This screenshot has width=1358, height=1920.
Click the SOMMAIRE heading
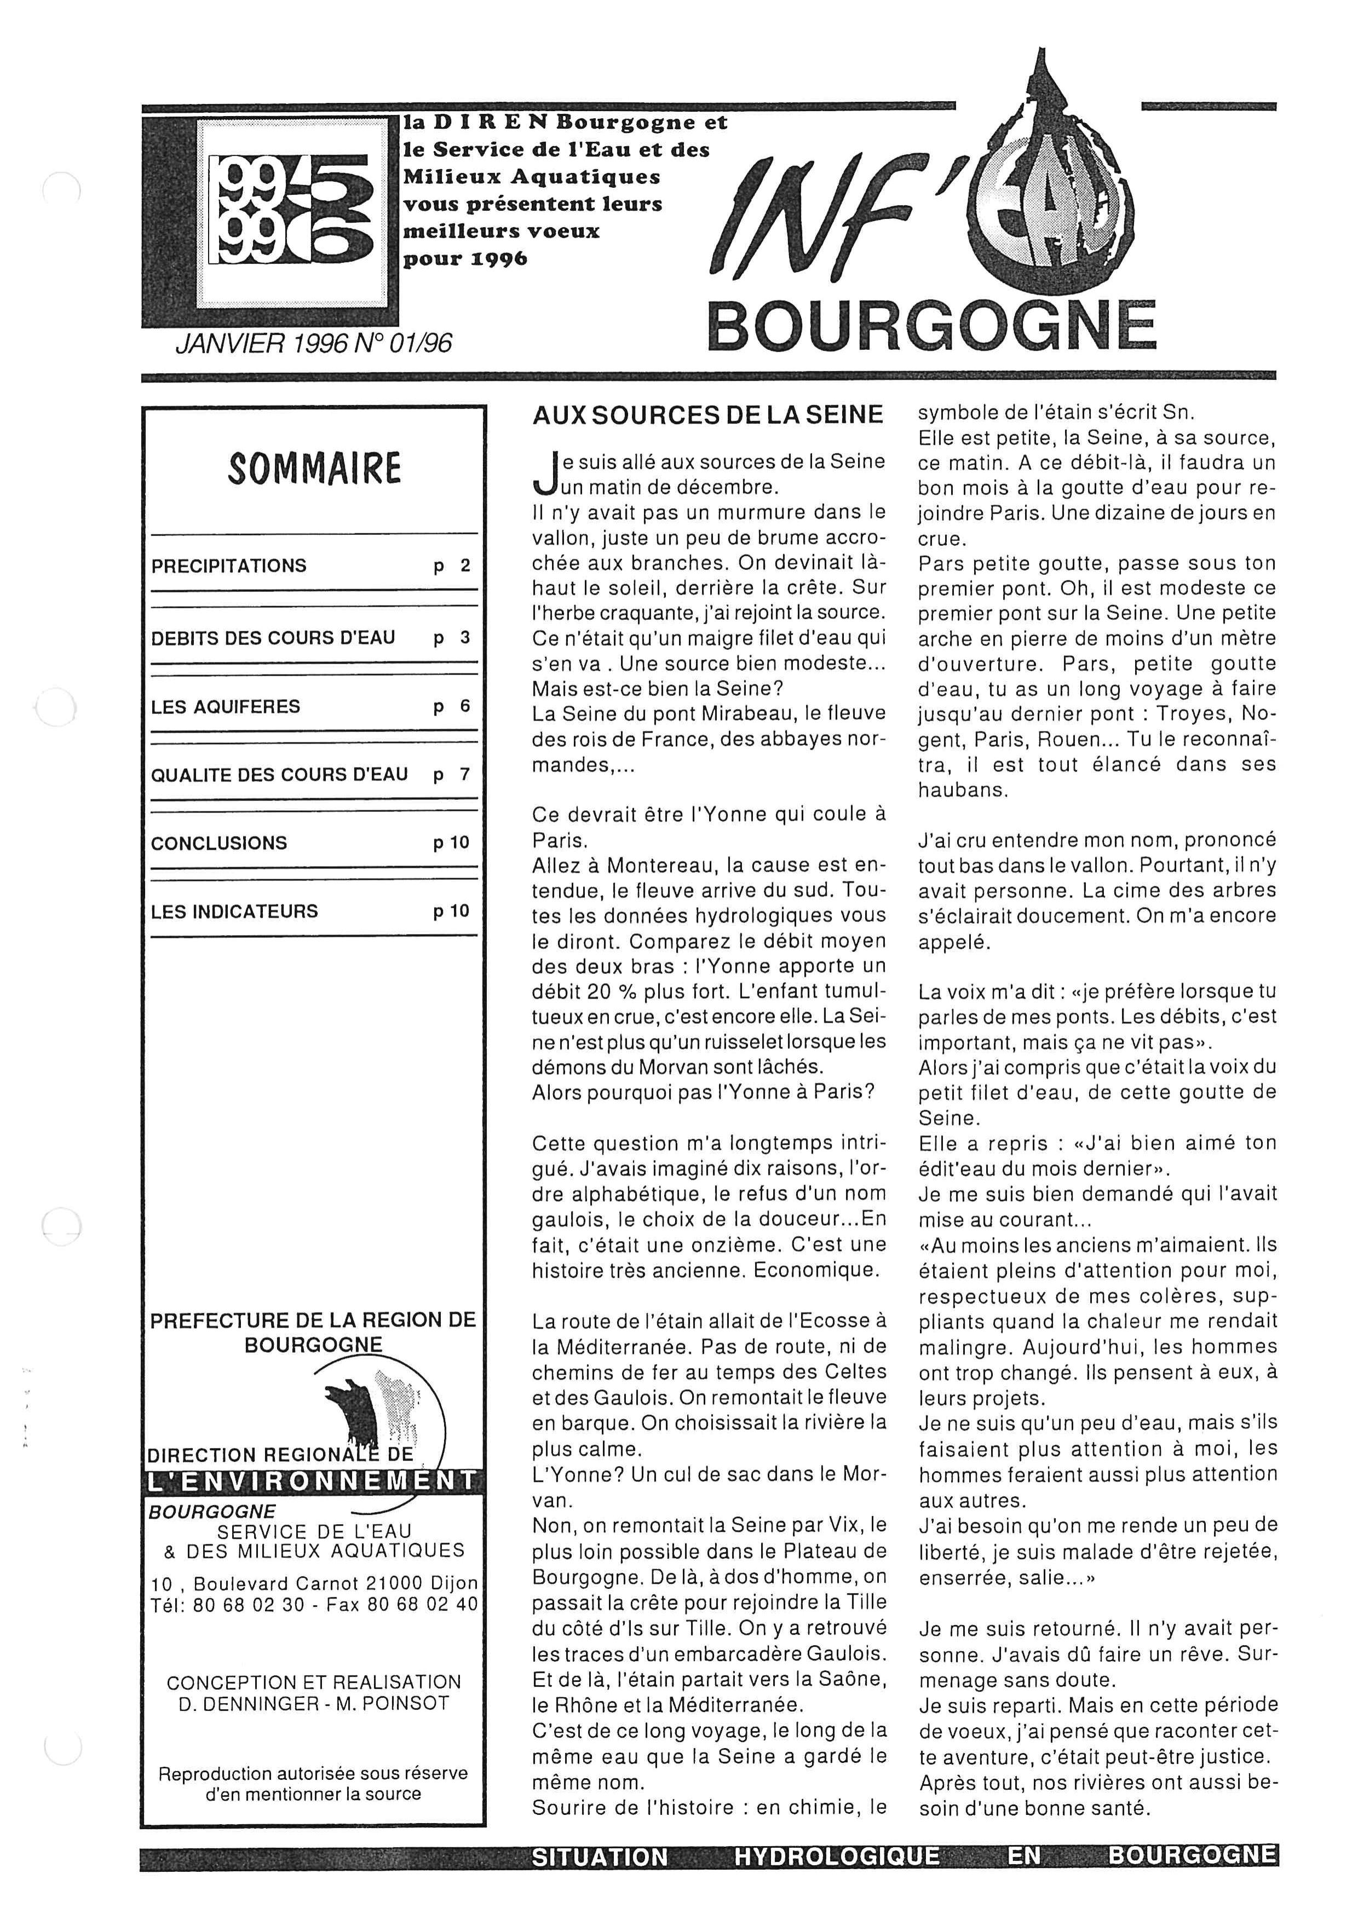pos(314,469)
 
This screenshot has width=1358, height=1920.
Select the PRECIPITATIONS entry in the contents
pos(228,566)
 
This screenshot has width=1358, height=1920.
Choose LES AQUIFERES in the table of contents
pos(225,707)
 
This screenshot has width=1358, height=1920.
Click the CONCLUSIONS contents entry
pos(218,843)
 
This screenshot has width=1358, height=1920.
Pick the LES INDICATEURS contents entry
pos(234,912)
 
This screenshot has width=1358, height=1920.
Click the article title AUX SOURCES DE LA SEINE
pos(707,415)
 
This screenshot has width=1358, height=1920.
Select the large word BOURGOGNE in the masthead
pos(931,327)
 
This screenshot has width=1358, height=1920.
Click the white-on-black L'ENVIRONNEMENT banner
pos(311,1481)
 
